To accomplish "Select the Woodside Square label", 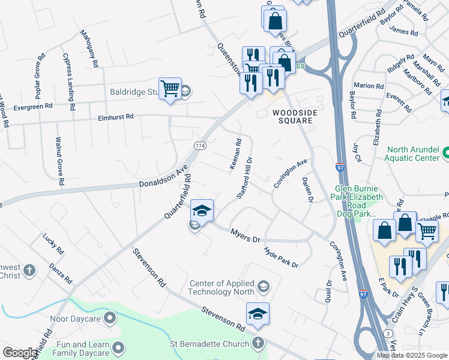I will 293,116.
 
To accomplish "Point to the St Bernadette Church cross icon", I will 258,344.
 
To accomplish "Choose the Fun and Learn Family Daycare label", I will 74,349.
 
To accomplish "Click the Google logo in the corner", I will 20,353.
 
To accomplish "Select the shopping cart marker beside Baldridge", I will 170,88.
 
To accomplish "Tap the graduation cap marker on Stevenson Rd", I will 258,313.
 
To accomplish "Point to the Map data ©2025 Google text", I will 412,355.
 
